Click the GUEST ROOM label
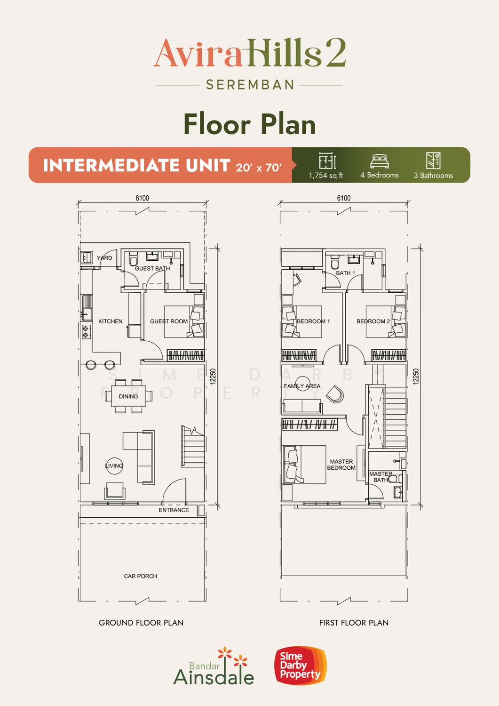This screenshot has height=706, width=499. coord(169,321)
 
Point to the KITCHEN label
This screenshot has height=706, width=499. coord(110,321)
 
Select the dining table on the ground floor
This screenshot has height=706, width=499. coord(128,396)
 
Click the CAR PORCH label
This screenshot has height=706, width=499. coord(141,576)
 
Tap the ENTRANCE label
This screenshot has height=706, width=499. coord(174,510)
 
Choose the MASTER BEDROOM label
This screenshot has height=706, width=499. coord(341,465)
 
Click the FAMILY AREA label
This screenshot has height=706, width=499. coord(302,386)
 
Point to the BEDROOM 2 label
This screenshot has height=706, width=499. coord(373,321)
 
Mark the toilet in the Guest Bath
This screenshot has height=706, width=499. coord(133,259)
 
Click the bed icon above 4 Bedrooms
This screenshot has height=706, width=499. coord(379,161)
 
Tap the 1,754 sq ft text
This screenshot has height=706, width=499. coord(326,176)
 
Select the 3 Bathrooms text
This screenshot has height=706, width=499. coord(434,176)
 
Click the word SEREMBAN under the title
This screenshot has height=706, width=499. coord(250,85)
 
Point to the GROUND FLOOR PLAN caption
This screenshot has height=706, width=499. coord(141,623)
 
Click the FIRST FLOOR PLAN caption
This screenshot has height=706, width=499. coord(354,623)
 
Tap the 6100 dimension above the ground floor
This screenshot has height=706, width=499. coord(143,198)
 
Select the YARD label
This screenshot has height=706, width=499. coord(104,258)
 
